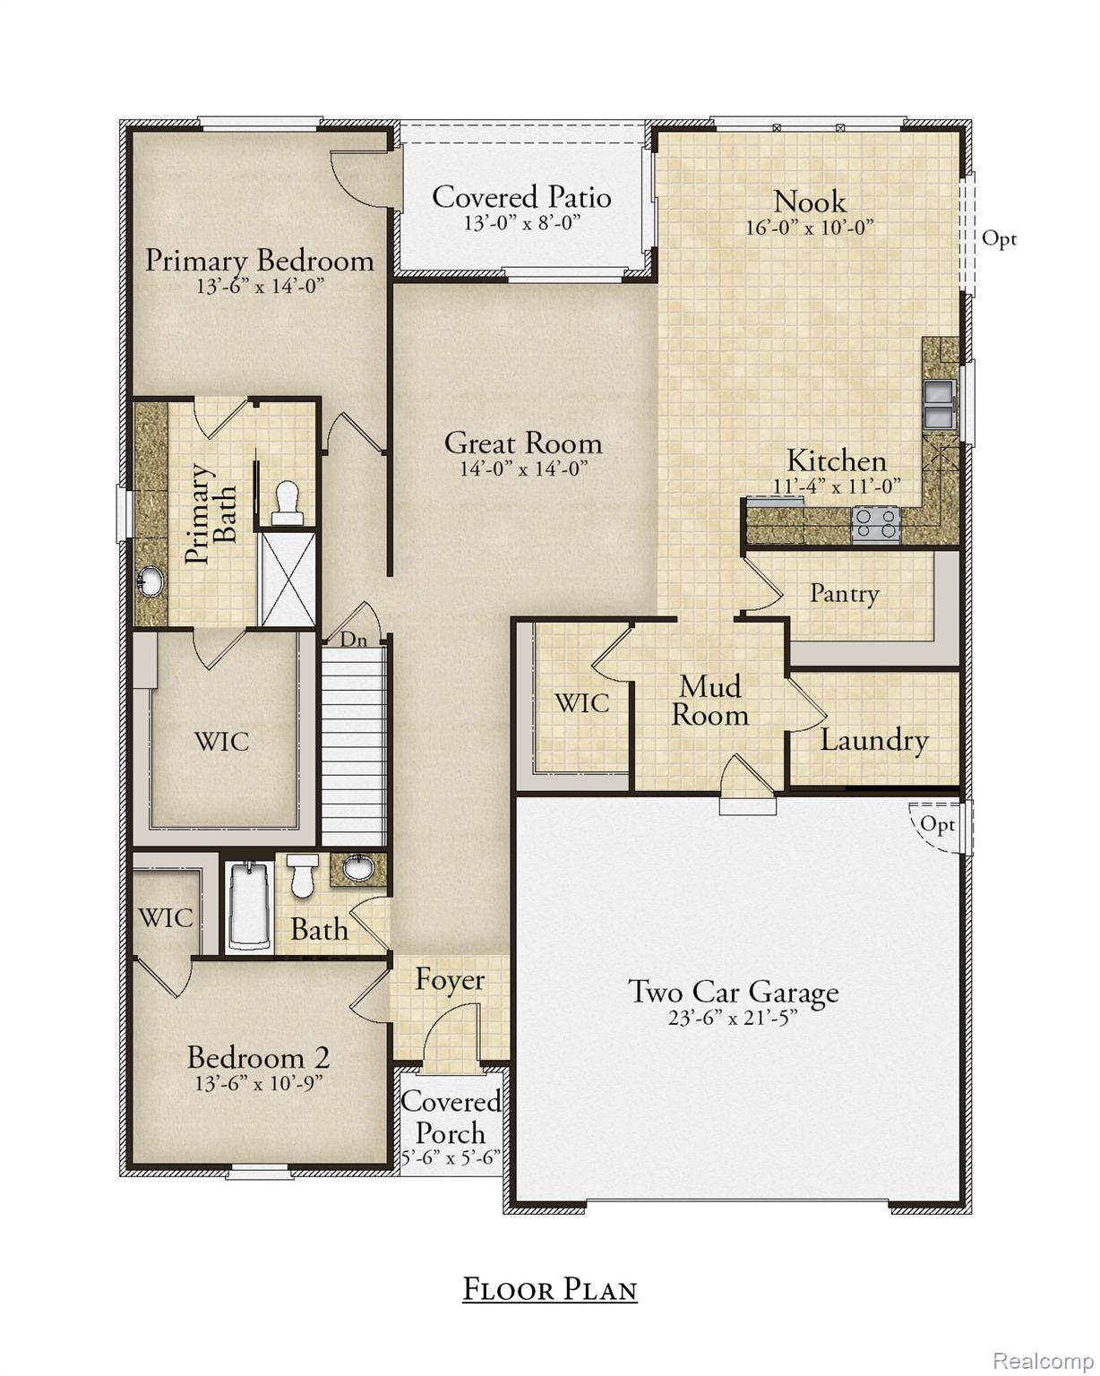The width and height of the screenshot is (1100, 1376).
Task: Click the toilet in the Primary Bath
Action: click(288, 502)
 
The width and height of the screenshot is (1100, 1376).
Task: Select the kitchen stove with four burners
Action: click(875, 523)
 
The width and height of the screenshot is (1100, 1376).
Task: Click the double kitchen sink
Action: click(939, 404)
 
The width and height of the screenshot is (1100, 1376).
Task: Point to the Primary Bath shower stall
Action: click(288, 579)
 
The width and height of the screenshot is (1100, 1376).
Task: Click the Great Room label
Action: click(523, 443)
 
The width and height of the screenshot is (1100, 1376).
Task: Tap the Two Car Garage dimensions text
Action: click(733, 1019)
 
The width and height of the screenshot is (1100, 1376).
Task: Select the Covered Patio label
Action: click(521, 197)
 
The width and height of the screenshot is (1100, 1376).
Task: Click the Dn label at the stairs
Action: click(353, 640)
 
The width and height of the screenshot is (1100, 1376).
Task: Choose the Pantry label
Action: click(844, 593)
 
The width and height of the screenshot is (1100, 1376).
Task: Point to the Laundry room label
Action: click(873, 740)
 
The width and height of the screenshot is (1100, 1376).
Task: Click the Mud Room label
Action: click(710, 701)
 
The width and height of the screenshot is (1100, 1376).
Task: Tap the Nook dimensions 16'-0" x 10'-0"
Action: click(809, 228)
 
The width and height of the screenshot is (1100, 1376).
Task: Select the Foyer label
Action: click(450, 980)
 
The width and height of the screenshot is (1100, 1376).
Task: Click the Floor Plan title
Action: click(549, 1289)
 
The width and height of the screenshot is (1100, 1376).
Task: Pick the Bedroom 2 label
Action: click(258, 1057)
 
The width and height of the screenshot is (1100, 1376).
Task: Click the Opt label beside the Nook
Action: click(999, 238)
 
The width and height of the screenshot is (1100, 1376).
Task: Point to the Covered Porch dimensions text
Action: click(450, 1157)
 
